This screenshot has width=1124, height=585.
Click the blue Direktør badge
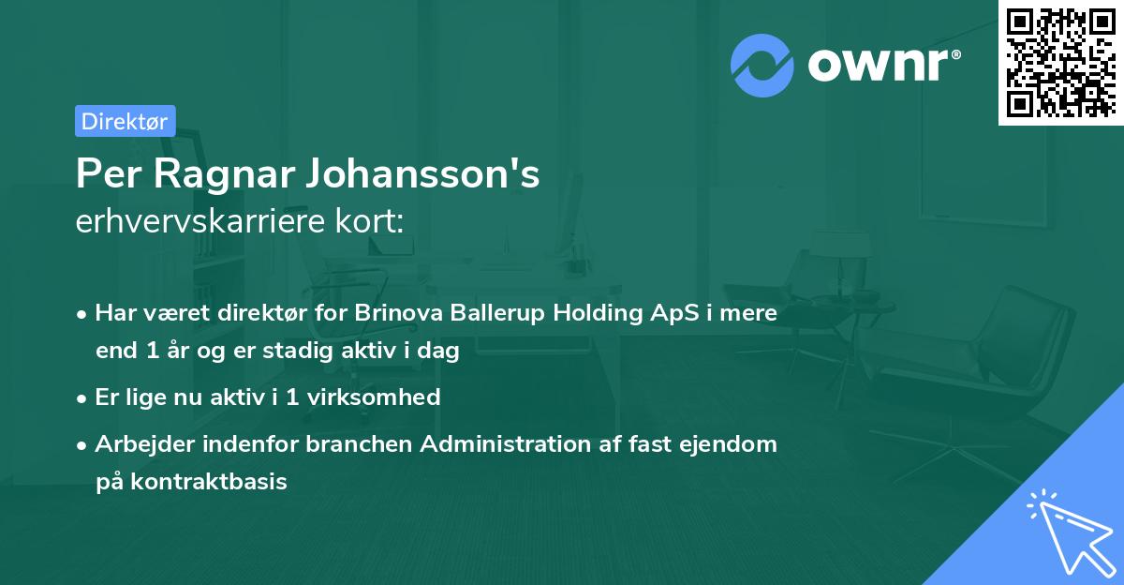[x=125, y=121]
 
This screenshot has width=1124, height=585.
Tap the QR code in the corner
[x=1060, y=63]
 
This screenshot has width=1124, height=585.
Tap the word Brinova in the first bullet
[x=393, y=313]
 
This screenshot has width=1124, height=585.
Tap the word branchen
[x=361, y=444]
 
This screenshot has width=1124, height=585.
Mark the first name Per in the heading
[x=104, y=174]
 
